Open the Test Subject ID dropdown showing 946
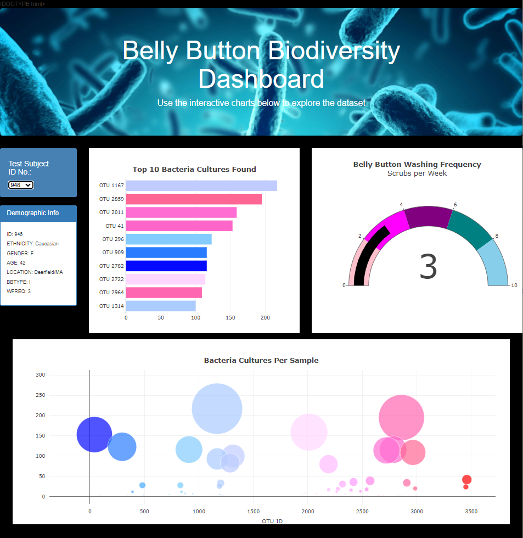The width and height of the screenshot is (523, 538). [x=21, y=186]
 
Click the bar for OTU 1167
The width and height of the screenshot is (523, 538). [x=201, y=186]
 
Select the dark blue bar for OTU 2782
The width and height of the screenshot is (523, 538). [x=166, y=266]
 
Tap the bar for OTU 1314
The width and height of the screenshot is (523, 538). [x=161, y=306]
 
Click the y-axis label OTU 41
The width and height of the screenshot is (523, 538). [x=115, y=226]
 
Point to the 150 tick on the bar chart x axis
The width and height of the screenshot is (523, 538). [x=230, y=317]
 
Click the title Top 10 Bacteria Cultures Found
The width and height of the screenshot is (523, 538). [x=194, y=169]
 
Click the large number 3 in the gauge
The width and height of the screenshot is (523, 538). [x=428, y=267]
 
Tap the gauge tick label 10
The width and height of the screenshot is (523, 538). [x=514, y=285]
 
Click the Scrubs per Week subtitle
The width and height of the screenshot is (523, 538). [x=417, y=173]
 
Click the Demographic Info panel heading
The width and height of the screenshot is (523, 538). [x=33, y=213]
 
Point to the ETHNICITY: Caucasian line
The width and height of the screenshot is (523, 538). [x=33, y=244]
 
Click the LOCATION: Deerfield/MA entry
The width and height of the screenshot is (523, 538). [x=35, y=272]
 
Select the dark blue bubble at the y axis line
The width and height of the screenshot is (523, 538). [x=94, y=434]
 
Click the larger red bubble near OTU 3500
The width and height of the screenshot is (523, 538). [x=466, y=479]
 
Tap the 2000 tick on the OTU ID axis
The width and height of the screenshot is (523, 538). [x=308, y=511]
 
